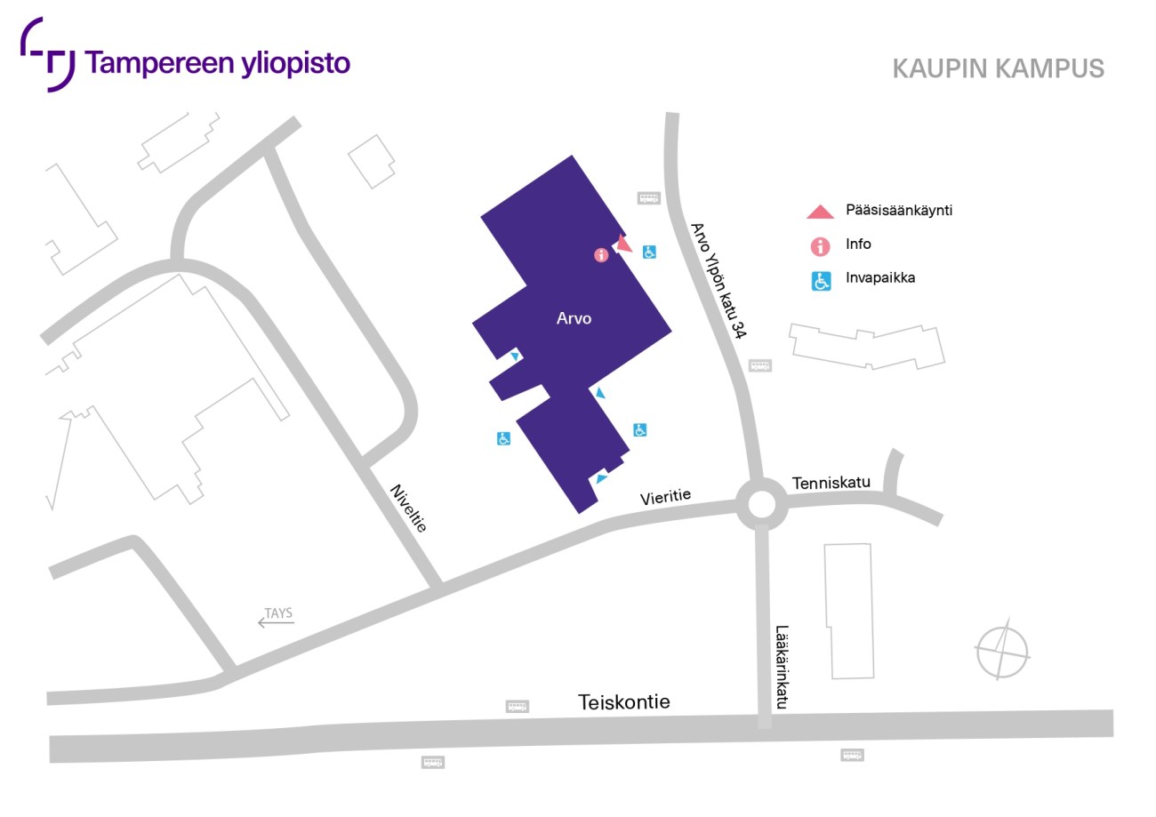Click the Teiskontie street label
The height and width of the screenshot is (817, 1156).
[623, 702]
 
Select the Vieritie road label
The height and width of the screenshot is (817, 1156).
[665, 498]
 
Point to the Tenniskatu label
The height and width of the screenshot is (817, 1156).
[830, 483]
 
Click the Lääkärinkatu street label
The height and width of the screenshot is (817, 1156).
[782, 666]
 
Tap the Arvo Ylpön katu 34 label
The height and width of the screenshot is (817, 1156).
[718, 280]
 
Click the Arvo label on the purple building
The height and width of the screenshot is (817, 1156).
[574, 318]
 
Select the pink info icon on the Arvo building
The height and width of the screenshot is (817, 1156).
[601, 255]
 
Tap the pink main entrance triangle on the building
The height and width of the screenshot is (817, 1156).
[622, 244]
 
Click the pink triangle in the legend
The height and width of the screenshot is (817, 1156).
[820, 212]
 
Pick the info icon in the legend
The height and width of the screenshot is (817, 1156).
[821, 245]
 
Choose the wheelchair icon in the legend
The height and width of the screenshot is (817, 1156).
[821, 281]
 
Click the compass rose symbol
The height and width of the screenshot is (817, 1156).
[1001, 651]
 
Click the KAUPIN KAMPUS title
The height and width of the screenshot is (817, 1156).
[998, 68]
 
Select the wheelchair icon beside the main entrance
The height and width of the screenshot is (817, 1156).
[650, 252]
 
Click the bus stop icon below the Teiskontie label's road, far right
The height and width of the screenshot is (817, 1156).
[852, 755]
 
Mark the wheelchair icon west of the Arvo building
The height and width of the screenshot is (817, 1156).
[503, 438]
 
